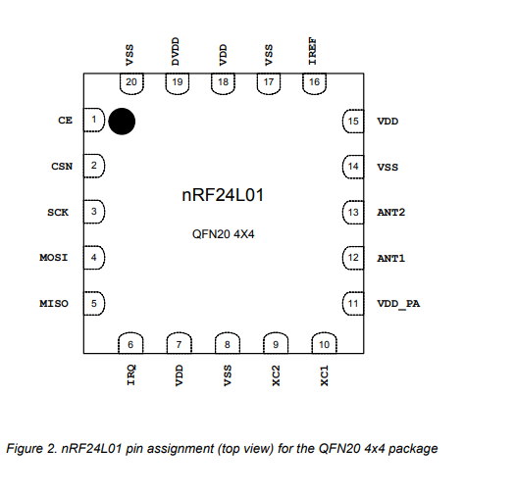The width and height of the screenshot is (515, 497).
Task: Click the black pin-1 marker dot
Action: coord(122,122)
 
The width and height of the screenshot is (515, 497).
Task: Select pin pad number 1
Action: coord(94,120)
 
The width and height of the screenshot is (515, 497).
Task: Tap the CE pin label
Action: coord(65,121)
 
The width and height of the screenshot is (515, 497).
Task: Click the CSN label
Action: coord(62,166)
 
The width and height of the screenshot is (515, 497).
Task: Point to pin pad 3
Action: coord(94,212)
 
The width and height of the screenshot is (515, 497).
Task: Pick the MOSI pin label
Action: coord(54,258)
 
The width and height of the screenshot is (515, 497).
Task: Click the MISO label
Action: coord(54,303)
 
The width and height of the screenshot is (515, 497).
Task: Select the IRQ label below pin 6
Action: coord(131,374)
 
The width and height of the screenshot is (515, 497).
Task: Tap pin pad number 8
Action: coord(228,343)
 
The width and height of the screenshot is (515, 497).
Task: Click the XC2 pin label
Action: coord(276,375)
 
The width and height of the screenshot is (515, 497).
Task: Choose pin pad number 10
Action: coord(324,343)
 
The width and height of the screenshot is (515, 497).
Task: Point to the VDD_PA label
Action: coord(398,304)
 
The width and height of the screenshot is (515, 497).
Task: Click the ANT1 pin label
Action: coord(390,259)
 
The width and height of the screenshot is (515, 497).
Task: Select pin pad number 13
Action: coord(353,212)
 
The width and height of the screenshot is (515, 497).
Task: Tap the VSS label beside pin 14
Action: coord(387,167)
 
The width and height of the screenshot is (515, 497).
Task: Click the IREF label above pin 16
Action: coord(312,51)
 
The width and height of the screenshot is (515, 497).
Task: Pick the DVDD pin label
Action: coord(176,51)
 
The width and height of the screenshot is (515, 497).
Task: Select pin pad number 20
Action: coord(131,83)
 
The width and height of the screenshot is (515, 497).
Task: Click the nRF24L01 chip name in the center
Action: coord(223,195)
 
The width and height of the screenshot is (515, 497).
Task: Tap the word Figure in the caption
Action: coord(25,449)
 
